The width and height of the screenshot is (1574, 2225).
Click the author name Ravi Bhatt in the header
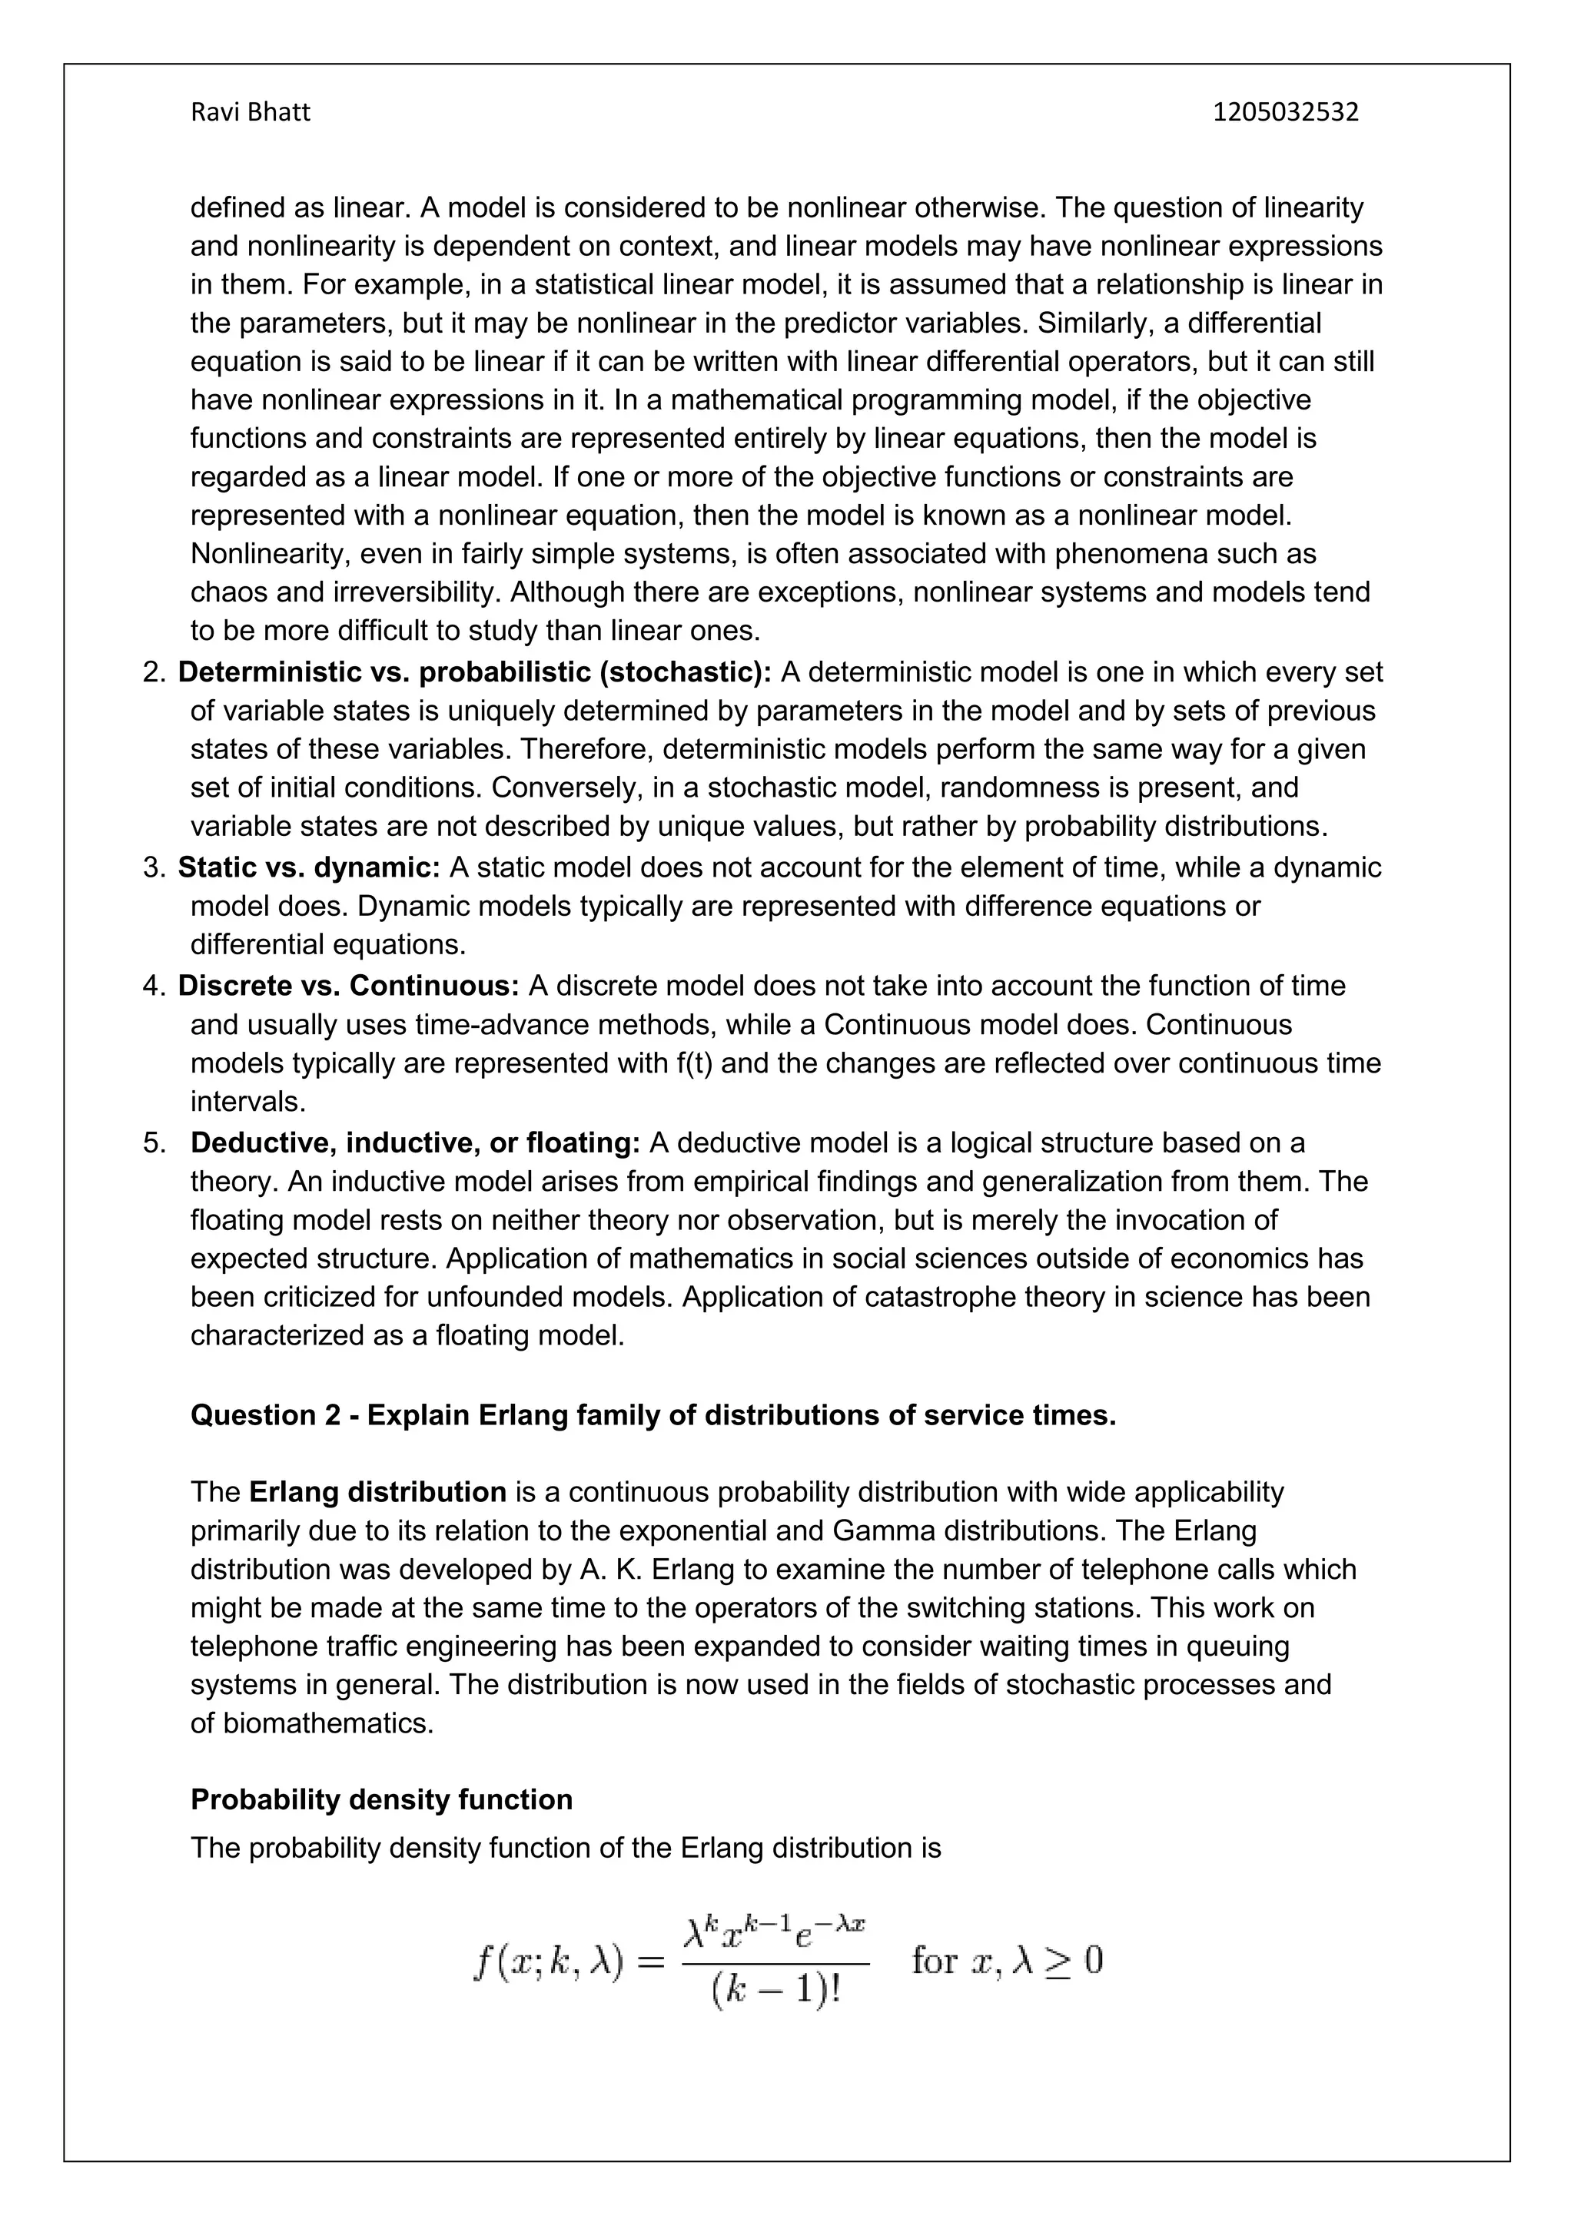click(x=250, y=112)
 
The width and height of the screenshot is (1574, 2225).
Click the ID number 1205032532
click(x=1285, y=112)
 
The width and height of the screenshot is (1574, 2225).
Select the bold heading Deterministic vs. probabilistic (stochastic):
click(x=474, y=672)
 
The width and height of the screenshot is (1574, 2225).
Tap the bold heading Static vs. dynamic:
click(x=309, y=867)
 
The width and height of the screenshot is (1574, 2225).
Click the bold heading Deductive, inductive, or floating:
click(x=415, y=1142)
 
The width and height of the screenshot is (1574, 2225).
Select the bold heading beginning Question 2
click(x=653, y=1415)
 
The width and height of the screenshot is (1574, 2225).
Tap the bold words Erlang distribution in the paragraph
click(x=377, y=1491)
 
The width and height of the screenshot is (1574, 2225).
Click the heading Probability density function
click(x=381, y=1799)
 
